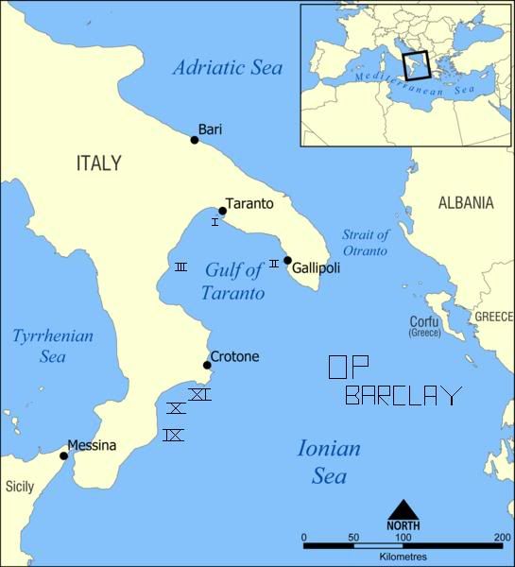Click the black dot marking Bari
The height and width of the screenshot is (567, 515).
tap(195, 140)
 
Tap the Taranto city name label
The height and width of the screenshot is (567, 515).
tap(251, 204)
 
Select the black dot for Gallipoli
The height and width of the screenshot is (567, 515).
tap(287, 261)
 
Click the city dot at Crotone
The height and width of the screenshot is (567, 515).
tap(207, 365)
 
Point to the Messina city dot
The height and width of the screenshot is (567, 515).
tap(64, 455)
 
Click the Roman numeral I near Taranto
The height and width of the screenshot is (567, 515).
tap(215, 221)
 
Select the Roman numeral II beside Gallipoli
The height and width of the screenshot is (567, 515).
tap(274, 263)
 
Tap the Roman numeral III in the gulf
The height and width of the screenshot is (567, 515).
tap(180, 267)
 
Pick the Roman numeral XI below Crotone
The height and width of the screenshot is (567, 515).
tap(199, 394)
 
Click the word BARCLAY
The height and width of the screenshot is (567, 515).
tap(403, 395)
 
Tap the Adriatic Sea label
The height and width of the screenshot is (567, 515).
tap(228, 68)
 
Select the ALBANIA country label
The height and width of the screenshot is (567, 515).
tap(465, 202)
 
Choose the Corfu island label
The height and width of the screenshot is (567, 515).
tap(423, 320)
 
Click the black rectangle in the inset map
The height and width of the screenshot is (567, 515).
tap(417, 65)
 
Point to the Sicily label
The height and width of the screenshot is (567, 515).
tap(20, 487)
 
